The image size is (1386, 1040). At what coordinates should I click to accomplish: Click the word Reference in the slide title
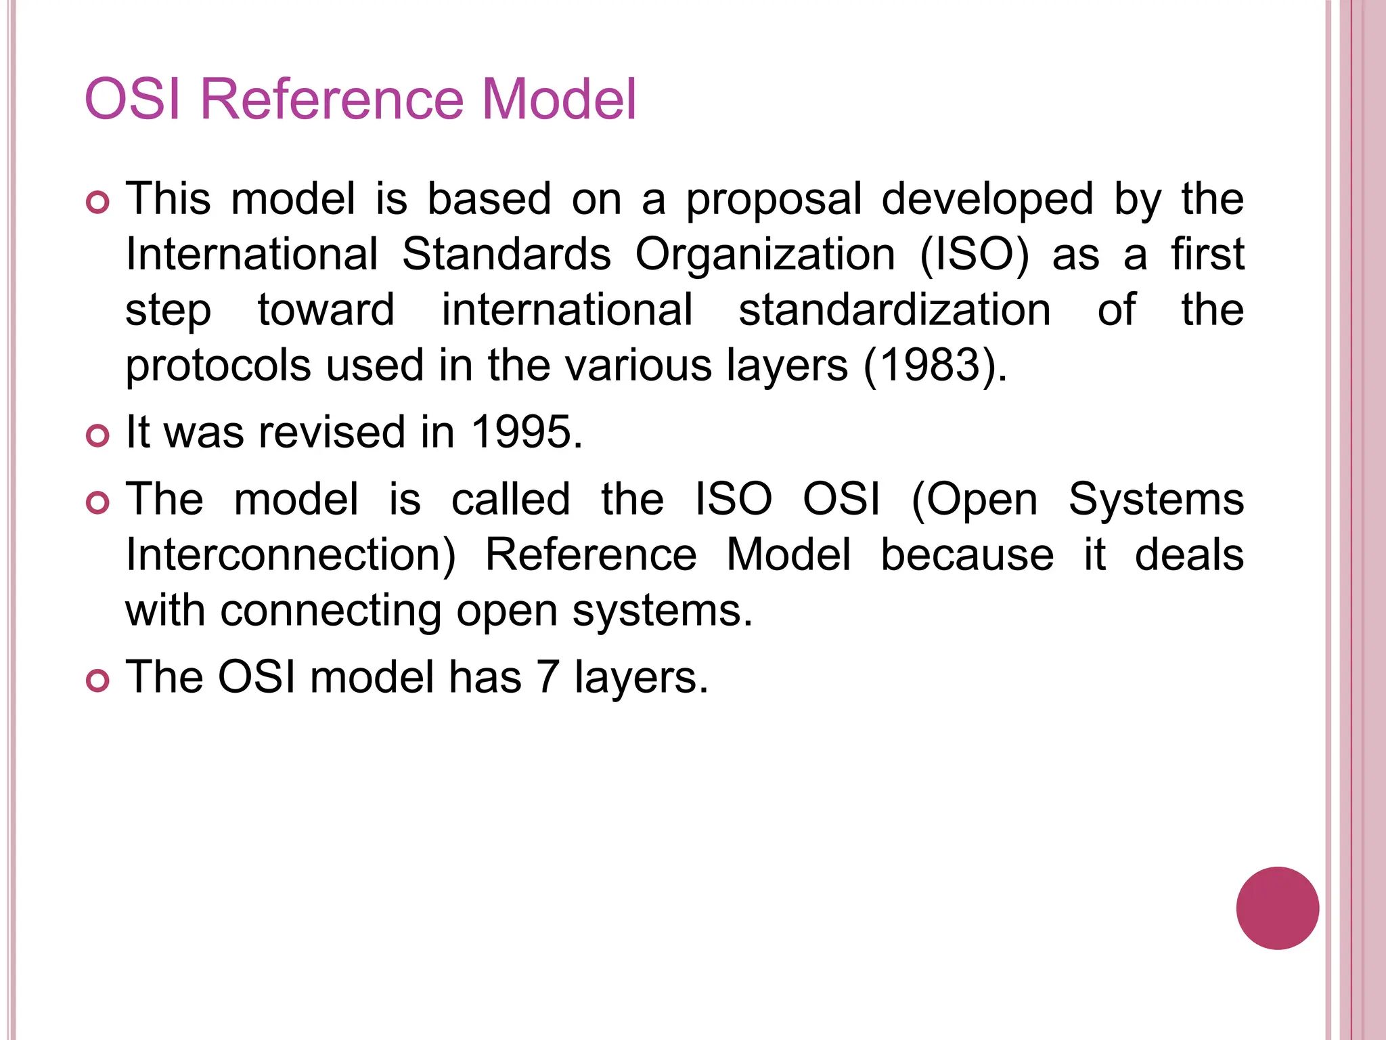click(x=332, y=100)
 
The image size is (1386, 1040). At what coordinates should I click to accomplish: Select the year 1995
click(x=525, y=432)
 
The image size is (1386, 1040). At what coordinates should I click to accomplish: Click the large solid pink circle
click(x=1277, y=908)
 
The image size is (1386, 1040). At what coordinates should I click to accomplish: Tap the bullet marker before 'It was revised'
click(x=98, y=436)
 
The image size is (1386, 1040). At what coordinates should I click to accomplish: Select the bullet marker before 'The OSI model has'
click(x=98, y=680)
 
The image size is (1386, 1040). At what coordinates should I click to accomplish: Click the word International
click(x=252, y=255)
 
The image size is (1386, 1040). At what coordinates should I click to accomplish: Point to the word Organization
click(x=765, y=255)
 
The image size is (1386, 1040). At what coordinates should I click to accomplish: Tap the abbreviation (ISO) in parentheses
click(x=974, y=255)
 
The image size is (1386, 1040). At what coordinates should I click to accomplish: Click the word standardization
click(x=895, y=310)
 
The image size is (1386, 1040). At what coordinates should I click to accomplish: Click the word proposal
click(x=774, y=200)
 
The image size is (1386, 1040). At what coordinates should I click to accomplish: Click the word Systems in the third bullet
click(x=1156, y=500)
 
